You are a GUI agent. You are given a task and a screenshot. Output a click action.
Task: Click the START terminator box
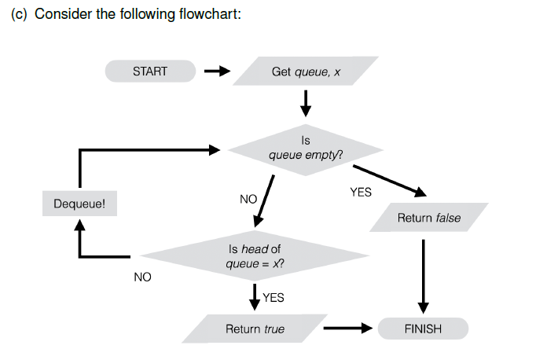149,72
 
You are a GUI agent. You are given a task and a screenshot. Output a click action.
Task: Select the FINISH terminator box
423,329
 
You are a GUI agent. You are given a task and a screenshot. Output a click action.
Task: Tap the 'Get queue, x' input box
306,72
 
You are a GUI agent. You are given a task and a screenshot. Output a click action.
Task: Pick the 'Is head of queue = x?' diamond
255,255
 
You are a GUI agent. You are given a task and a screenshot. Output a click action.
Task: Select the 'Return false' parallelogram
428,218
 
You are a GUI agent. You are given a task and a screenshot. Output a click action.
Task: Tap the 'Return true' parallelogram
255,329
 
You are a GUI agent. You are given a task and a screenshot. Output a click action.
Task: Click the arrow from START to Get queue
216,72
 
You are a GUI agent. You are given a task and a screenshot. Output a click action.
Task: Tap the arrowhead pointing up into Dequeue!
79,226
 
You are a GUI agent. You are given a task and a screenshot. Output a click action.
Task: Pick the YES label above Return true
273,298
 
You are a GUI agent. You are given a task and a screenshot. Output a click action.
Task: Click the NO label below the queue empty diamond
248,199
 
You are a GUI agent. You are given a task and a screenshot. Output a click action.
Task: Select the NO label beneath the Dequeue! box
142,277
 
